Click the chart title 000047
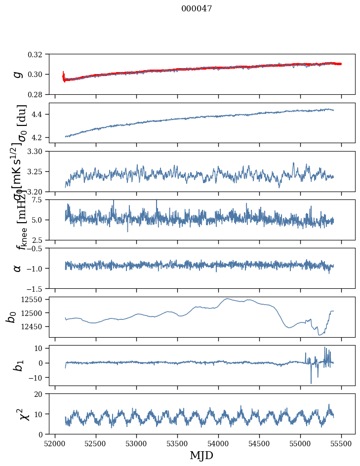pyautogui.click(x=197, y=9)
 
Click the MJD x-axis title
pyautogui.click(x=201, y=455)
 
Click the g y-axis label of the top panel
pyautogui.click(x=18, y=74)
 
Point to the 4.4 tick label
pyautogui.click(x=41, y=114)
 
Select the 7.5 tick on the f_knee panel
pyautogui.click(x=41, y=199)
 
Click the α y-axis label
pyautogui.click(x=18, y=268)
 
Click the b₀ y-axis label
pyautogui.click(x=10, y=316)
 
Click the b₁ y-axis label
pyautogui.click(x=18, y=365)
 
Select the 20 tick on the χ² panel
pyautogui.click(x=41, y=394)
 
